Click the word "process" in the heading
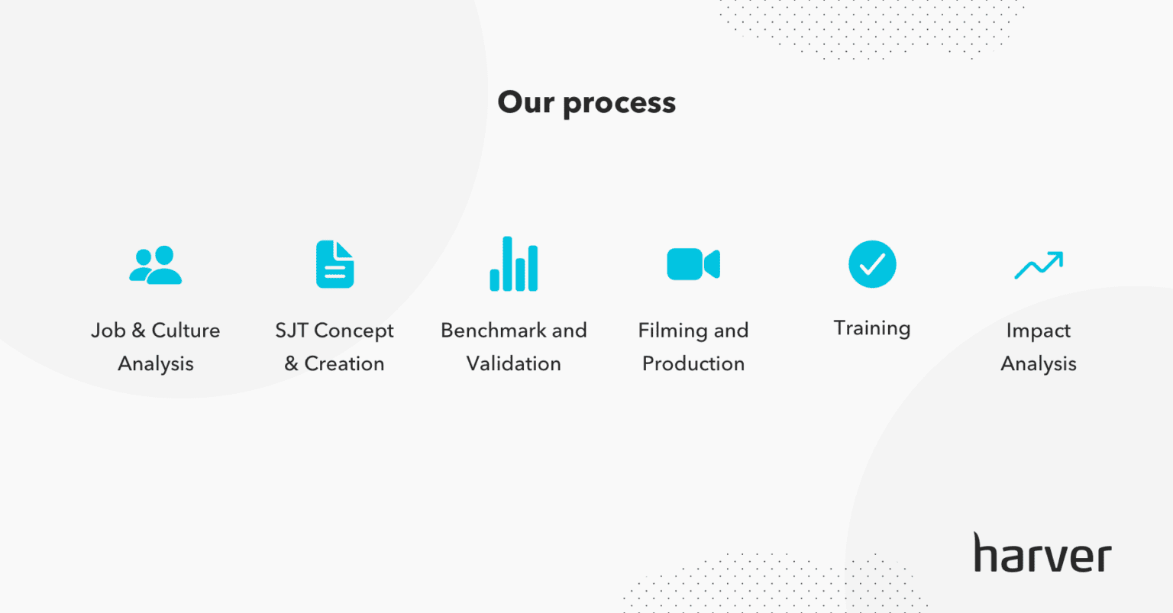click(x=619, y=104)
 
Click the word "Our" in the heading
click(x=525, y=102)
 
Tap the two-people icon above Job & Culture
click(x=156, y=265)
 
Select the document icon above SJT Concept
click(x=335, y=264)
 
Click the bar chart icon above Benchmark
click(x=514, y=264)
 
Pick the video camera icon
click(x=693, y=264)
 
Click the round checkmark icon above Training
click(x=872, y=264)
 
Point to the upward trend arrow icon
click(x=1039, y=265)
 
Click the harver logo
click(x=1042, y=552)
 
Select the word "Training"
click(x=872, y=329)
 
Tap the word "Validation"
click(x=514, y=363)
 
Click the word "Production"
click(x=693, y=363)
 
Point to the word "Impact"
click(x=1039, y=331)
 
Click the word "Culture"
click(x=186, y=331)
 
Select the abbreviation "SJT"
click(x=292, y=331)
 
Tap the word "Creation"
click(x=344, y=363)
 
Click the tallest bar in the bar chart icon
click(x=507, y=264)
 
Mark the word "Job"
click(x=108, y=331)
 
